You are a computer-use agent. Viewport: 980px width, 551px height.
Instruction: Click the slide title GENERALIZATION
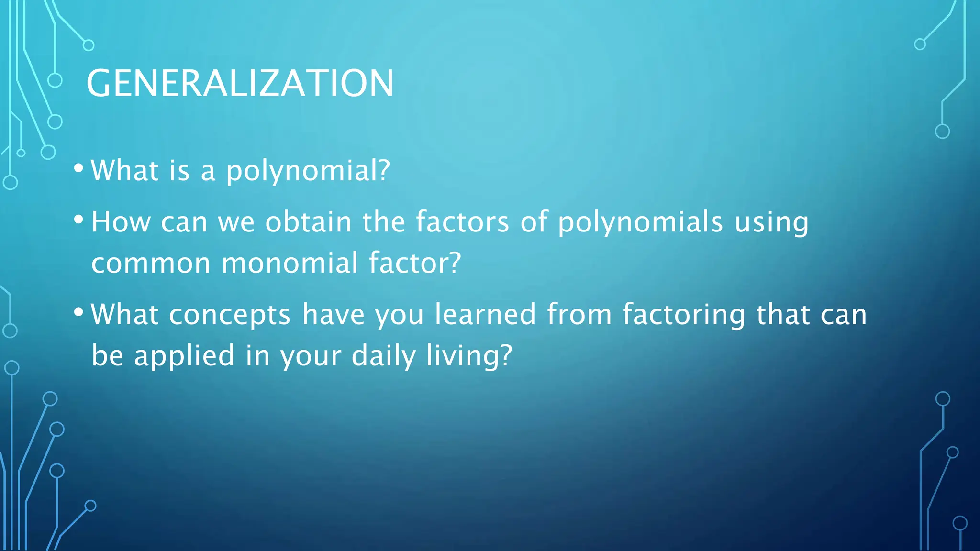(x=240, y=83)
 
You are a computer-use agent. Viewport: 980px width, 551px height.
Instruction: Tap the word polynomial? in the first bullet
(x=308, y=171)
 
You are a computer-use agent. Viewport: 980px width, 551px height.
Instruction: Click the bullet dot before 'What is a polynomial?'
(x=79, y=168)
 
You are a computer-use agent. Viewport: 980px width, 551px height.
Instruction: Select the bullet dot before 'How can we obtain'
(x=79, y=220)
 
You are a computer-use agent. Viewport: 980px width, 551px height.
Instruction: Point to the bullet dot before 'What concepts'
(x=79, y=312)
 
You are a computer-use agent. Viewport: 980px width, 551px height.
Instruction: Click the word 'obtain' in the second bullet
(x=309, y=222)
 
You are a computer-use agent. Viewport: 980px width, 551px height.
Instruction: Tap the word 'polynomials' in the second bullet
(x=640, y=223)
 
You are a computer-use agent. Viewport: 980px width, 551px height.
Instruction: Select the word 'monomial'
(x=290, y=263)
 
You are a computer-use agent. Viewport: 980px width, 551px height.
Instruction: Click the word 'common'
(x=151, y=264)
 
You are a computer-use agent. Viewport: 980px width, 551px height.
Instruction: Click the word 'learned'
(x=485, y=314)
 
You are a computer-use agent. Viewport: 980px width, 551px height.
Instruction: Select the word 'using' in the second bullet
(x=771, y=223)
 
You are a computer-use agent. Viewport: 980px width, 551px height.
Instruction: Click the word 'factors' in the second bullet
(x=462, y=222)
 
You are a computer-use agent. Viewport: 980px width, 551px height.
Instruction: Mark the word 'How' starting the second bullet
(x=121, y=222)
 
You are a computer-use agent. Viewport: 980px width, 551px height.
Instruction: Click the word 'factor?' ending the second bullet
(x=414, y=263)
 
